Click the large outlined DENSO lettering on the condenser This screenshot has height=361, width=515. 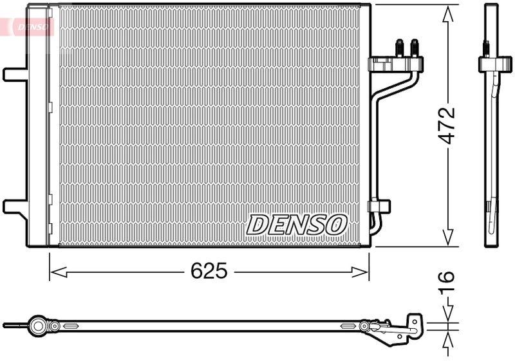297,225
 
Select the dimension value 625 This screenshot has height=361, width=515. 209,272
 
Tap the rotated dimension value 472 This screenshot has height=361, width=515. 447,124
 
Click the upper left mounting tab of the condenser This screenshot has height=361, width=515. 14,73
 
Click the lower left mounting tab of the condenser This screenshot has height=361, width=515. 14,207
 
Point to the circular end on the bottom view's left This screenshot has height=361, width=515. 39,326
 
